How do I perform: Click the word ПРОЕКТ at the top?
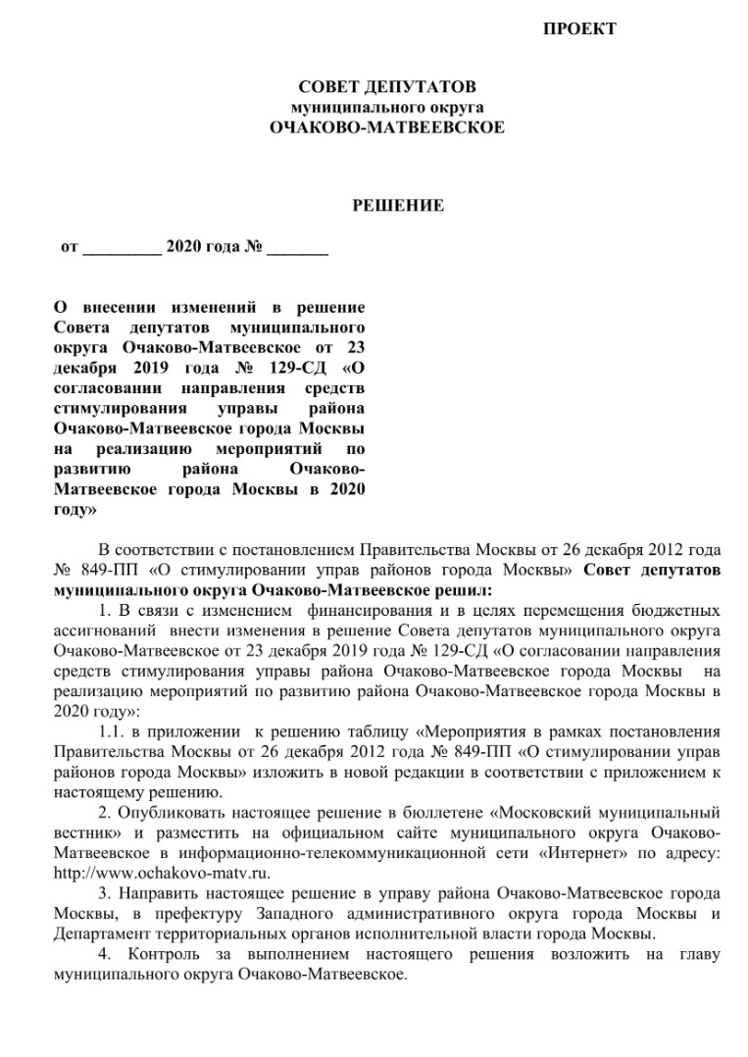coord(580,28)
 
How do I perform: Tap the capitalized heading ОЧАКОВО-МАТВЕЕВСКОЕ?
coord(387,127)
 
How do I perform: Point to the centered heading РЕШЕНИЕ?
coord(398,206)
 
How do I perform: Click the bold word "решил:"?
coord(465,590)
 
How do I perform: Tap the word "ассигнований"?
coord(104,629)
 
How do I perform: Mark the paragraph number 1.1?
coord(113,731)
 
